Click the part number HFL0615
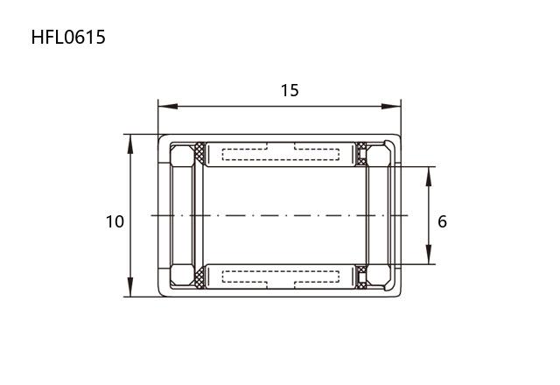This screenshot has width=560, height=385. [x=68, y=37]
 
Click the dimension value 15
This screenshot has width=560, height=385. [x=290, y=91]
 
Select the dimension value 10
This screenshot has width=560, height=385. [x=115, y=221]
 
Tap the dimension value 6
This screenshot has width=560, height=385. [x=442, y=221]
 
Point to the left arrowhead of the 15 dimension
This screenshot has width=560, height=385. [x=168, y=107]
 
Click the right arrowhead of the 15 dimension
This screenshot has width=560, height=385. [x=391, y=107]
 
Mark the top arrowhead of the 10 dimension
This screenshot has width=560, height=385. [x=130, y=144]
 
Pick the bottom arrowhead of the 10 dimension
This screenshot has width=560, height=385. [x=130, y=287]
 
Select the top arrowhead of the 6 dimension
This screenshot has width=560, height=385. [x=429, y=177]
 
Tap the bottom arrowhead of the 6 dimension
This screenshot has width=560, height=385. [x=429, y=255]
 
